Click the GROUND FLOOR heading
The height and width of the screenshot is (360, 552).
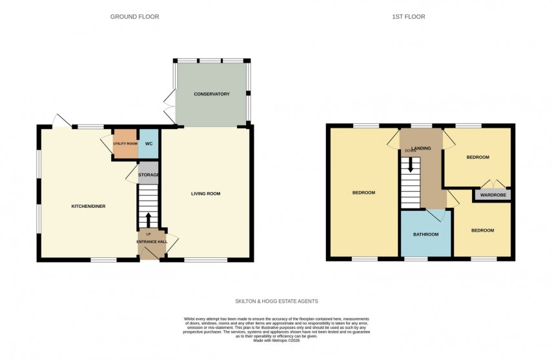(x=134, y=17)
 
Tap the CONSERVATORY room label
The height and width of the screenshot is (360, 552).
(x=212, y=94)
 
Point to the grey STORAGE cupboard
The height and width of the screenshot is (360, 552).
(x=148, y=174)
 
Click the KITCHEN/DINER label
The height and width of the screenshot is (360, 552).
(x=88, y=206)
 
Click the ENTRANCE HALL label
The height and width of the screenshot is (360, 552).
(x=152, y=242)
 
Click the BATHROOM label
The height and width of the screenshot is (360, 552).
(x=426, y=234)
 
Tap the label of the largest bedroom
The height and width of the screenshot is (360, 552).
(x=363, y=193)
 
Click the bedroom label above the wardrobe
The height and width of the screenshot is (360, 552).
(x=478, y=157)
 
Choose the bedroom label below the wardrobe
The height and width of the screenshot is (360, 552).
(x=482, y=230)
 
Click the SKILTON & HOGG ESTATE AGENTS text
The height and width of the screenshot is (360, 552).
(x=276, y=301)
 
